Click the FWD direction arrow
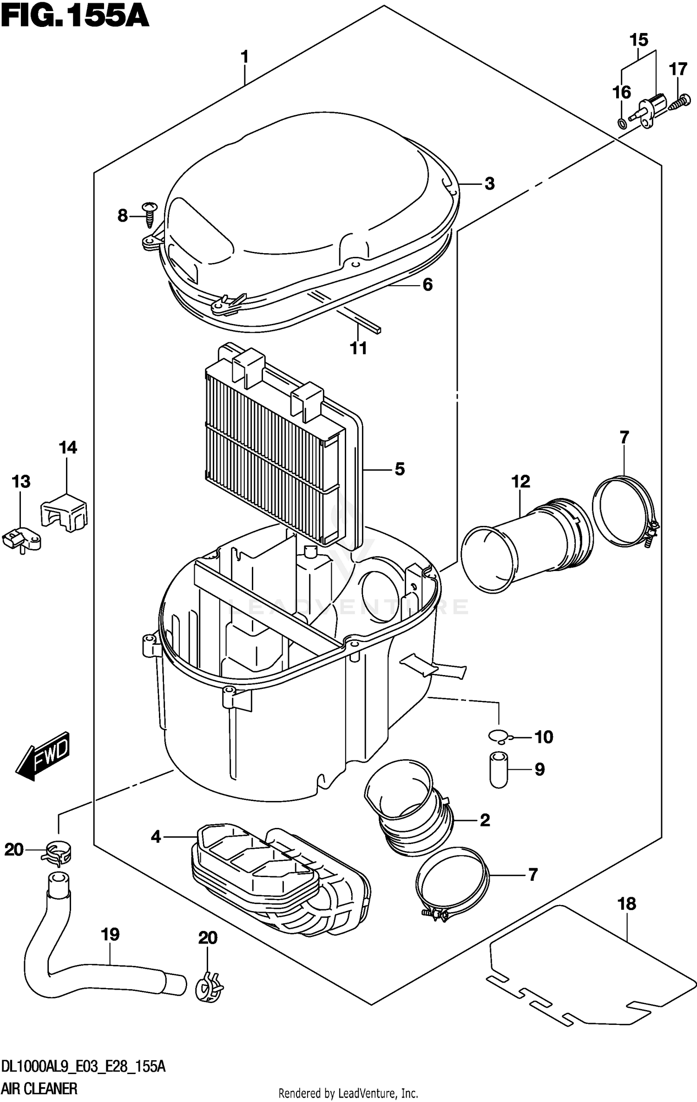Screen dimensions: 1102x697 (x=43, y=756)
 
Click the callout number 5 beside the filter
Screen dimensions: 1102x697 (x=400, y=469)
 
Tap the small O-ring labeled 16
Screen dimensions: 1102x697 (x=621, y=123)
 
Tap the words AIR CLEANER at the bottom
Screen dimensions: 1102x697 (x=39, y=1089)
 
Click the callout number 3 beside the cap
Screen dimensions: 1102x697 (x=489, y=184)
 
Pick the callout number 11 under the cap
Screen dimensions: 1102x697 (x=358, y=348)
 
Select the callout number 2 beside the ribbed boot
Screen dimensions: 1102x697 (x=485, y=820)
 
